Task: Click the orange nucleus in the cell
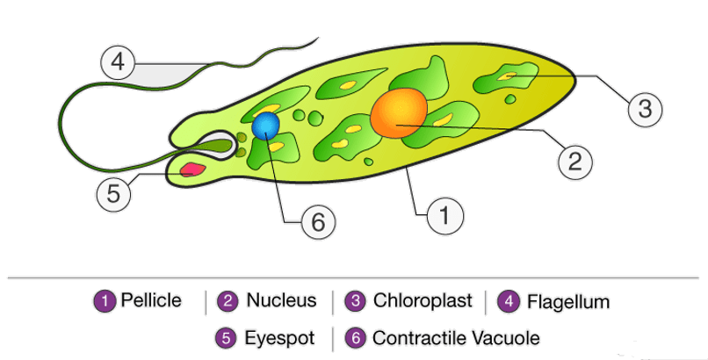click(x=400, y=112)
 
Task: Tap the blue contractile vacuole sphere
click(x=266, y=126)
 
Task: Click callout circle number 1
click(x=444, y=214)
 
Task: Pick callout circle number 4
click(x=118, y=63)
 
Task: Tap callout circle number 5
click(x=112, y=193)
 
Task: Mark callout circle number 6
click(x=319, y=223)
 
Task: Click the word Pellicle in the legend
click(x=151, y=301)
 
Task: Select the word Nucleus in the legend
click(x=281, y=301)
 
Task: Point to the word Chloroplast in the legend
click(x=423, y=301)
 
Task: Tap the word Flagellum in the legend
click(x=568, y=302)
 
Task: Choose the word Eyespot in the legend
click(x=279, y=337)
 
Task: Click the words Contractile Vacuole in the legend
click(x=456, y=337)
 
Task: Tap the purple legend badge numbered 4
click(x=509, y=302)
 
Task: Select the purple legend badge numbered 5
click(x=227, y=337)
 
